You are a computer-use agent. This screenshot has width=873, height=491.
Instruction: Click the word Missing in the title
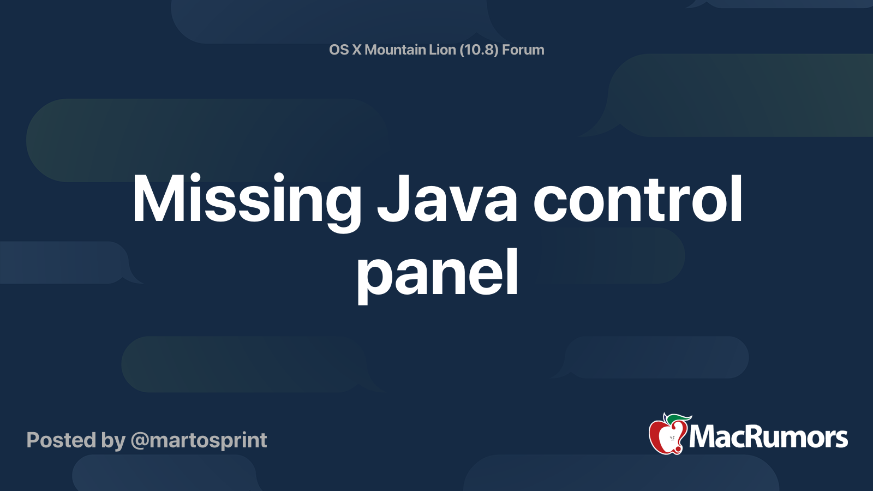point(247,202)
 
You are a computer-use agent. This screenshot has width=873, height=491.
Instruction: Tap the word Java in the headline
point(447,199)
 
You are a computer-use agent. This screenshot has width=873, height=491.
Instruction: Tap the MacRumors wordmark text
point(768,437)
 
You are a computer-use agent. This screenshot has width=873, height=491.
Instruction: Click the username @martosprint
point(199,441)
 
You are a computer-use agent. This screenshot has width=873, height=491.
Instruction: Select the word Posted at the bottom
point(61,440)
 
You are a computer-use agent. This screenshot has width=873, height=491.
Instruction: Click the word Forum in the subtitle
point(523,50)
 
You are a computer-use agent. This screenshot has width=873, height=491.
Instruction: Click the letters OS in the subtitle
point(339,50)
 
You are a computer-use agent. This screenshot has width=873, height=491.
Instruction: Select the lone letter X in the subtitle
point(357,50)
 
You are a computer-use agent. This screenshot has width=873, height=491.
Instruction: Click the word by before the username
point(113,441)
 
